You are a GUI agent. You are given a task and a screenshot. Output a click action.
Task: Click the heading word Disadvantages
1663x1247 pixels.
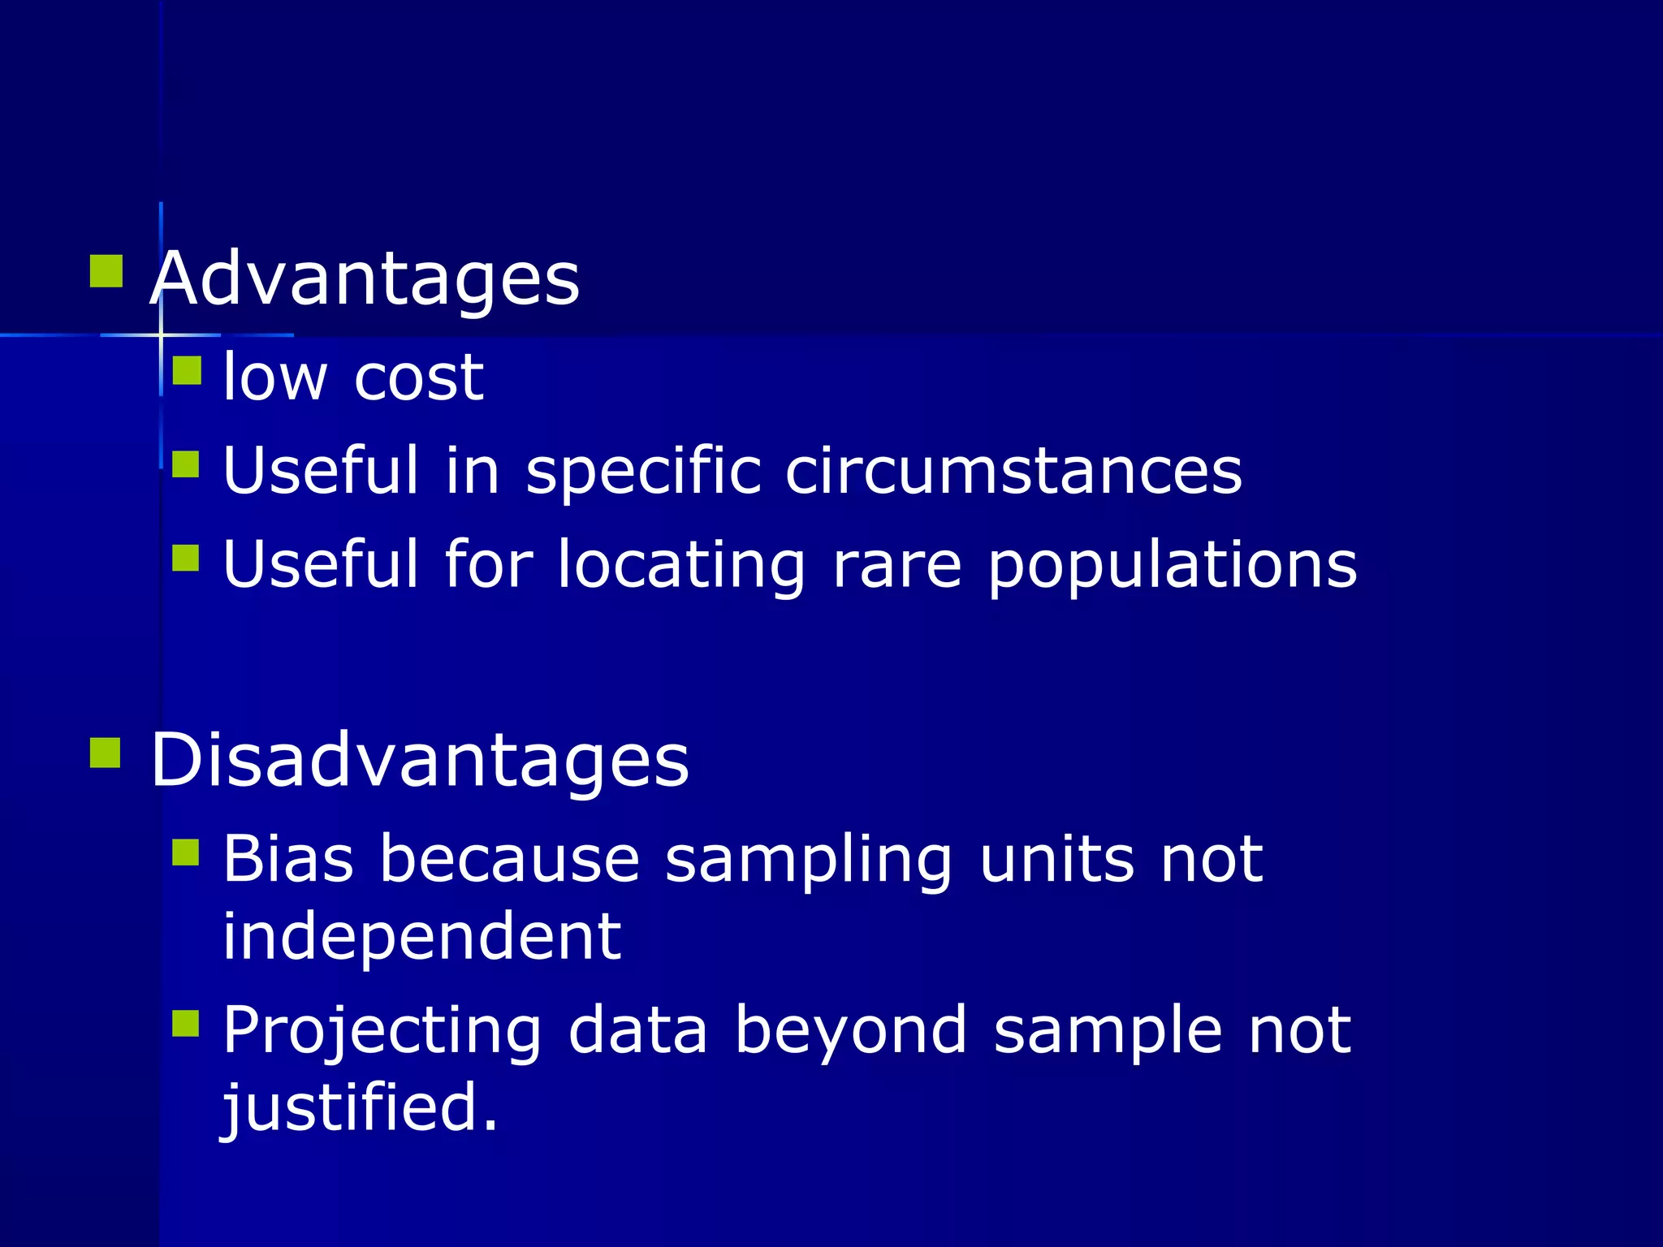tap(420, 760)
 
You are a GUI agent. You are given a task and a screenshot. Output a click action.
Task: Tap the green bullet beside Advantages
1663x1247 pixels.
tap(106, 272)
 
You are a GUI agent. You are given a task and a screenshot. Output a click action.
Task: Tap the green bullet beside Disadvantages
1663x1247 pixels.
tap(106, 753)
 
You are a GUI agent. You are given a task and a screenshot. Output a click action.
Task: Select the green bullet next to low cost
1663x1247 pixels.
tap(187, 370)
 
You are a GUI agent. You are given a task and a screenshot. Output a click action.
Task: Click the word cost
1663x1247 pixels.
tap(419, 378)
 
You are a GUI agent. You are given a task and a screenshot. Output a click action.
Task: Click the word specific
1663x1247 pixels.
tap(643, 472)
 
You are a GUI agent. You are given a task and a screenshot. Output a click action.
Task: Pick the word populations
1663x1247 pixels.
tap(1173, 566)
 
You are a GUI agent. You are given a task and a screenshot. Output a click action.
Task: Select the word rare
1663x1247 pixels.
tap(897, 564)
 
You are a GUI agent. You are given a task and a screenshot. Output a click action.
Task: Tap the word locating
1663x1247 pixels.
tap(681, 566)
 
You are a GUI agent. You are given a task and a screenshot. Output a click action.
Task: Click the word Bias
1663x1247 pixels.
tap(288, 858)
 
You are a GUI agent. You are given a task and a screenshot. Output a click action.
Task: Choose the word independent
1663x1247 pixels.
tap(421, 936)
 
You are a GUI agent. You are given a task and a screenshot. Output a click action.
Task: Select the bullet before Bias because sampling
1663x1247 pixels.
tap(186, 852)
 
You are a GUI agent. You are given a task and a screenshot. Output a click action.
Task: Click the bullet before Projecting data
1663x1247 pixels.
tap(186, 1024)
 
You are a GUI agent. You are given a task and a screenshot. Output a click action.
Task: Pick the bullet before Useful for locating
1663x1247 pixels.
tap(186, 559)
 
